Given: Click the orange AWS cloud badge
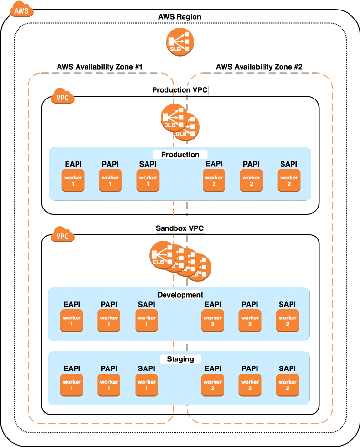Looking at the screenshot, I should coord(19,9).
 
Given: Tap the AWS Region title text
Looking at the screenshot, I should coord(180,17).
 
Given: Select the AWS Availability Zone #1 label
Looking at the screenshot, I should coord(100,67).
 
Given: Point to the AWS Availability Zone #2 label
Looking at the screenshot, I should coord(259,67).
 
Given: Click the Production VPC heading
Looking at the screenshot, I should coord(180,90).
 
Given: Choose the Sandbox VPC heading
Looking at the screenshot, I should coord(180,228).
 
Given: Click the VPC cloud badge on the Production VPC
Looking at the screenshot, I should coord(62,97).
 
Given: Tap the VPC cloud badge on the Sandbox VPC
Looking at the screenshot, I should coord(62,236).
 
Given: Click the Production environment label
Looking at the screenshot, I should coord(180,155).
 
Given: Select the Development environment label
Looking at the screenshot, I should coord(180,295).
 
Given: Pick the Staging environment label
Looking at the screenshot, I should coord(180,359).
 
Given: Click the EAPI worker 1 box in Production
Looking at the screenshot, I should coord(73,181).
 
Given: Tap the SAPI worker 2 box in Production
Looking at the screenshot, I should coord(289,181).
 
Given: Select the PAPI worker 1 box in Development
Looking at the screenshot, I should coord(109,321).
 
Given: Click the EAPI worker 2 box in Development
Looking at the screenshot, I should coord(213,321).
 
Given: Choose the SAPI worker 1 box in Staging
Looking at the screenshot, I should coord(146,385).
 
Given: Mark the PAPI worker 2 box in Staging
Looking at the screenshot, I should coord(250,385).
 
